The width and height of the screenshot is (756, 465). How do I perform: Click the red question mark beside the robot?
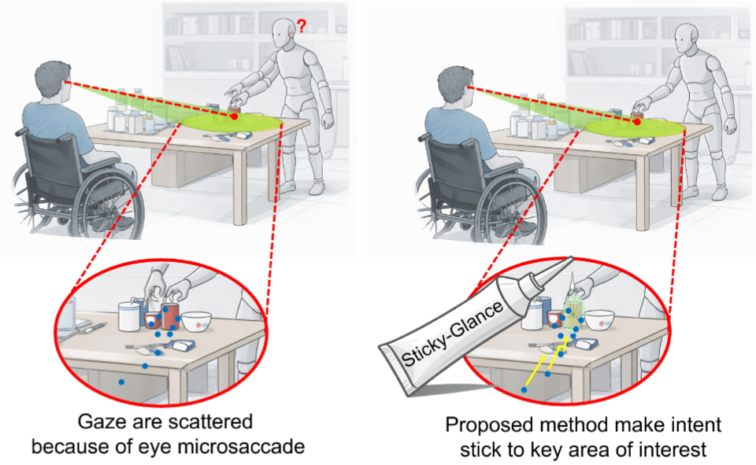(302, 26)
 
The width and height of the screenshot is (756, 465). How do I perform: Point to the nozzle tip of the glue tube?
(572, 259)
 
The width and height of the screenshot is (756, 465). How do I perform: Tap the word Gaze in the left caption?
(100, 422)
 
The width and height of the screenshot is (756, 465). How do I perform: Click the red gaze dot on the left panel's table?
(235, 116)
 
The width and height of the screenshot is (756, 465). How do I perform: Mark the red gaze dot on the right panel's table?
(637, 122)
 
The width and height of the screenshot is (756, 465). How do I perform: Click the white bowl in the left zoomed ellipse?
(197, 321)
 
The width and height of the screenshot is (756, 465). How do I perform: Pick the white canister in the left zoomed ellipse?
(129, 316)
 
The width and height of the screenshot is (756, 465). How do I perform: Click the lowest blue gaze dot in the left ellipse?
(121, 382)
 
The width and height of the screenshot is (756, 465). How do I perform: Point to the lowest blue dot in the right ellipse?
(524, 389)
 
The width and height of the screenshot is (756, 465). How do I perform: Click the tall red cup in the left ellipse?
(170, 316)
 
